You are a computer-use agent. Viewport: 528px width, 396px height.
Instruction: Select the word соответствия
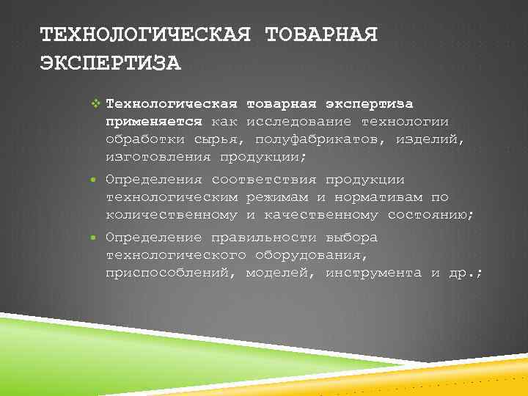coord(265,180)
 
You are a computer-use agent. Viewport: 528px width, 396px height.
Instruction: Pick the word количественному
coord(172,215)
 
